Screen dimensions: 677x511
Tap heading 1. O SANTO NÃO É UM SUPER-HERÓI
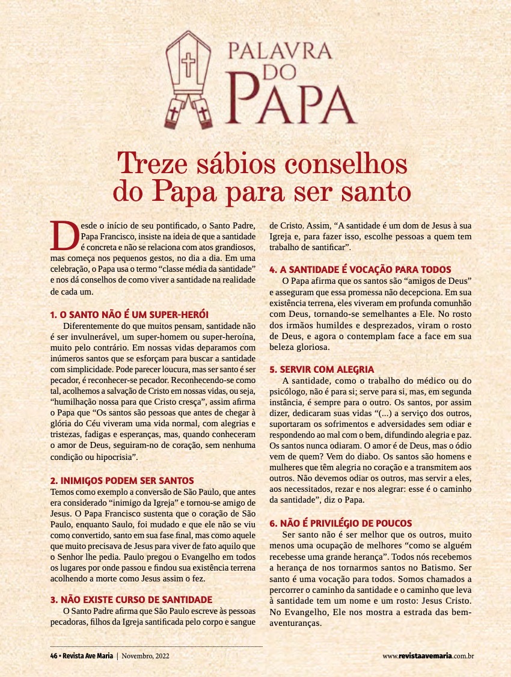tap(129, 314)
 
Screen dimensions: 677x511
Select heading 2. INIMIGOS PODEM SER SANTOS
tap(122, 480)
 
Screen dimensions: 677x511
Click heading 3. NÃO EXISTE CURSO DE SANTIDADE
tap(131, 599)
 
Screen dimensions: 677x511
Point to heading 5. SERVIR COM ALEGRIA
tap(322, 369)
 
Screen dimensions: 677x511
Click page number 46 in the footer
tap(54, 655)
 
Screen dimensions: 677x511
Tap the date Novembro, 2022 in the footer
tap(145, 655)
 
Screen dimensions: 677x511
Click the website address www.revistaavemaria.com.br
tap(429, 655)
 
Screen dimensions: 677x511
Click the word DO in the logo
tap(280, 73)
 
